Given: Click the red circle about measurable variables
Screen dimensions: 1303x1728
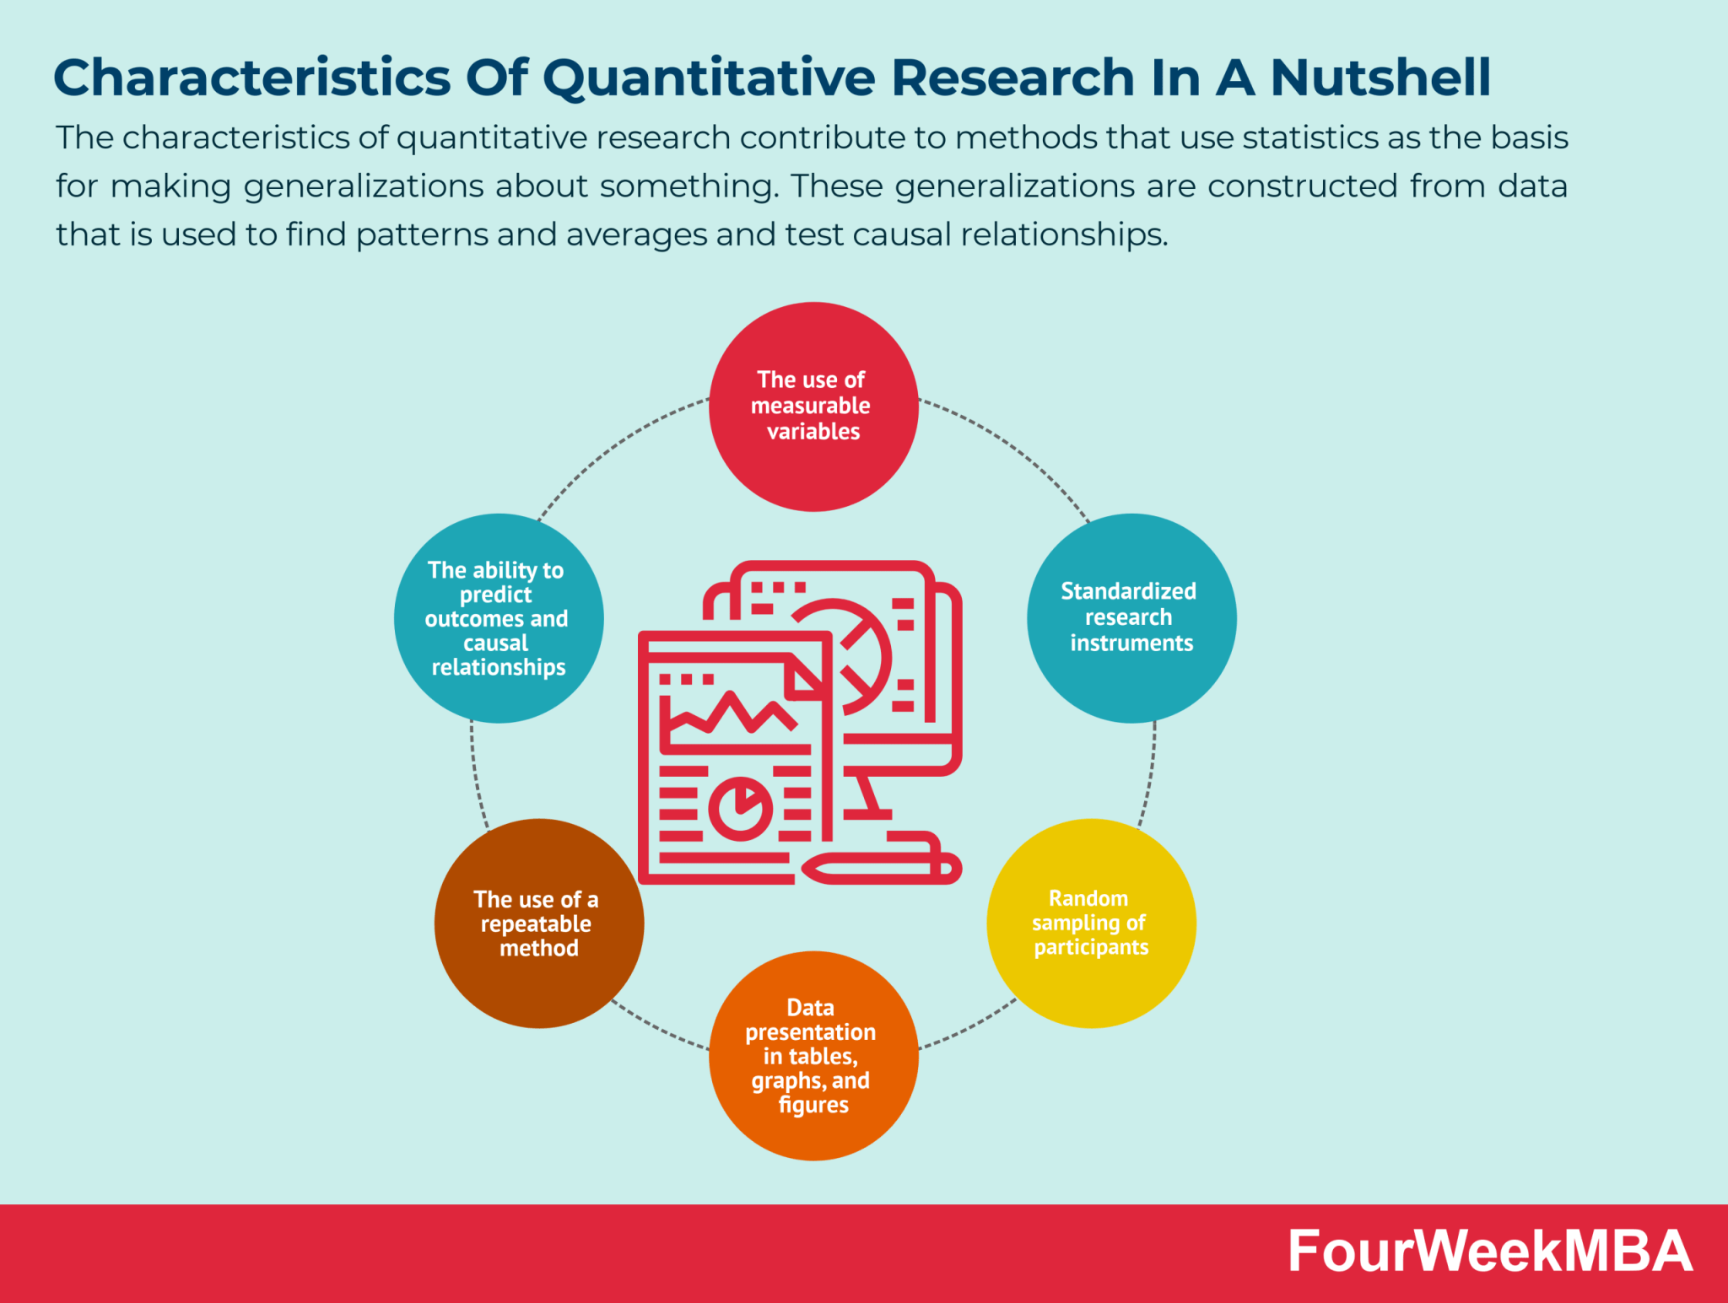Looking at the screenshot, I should (x=813, y=407).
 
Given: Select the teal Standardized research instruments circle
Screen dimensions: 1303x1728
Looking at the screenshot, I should (x=1131, y=618).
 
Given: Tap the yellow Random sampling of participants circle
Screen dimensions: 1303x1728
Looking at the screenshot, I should (x=1090, y=923).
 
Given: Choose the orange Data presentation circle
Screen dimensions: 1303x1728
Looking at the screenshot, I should (x=813, y=1056).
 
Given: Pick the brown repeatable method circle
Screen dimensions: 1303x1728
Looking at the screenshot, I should (x=538, y=923).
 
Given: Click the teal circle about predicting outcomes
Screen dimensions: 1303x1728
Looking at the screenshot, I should (x=498, y=618).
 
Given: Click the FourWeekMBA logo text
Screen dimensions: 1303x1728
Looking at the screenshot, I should (x=1489, y=1252).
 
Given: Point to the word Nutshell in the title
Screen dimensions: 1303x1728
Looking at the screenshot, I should (x=1380, y=78).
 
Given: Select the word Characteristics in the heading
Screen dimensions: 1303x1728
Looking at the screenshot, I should (x=251, y=78).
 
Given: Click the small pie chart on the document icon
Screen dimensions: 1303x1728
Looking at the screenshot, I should (x=740, y=808).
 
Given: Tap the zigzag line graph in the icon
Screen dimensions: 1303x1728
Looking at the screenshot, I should (x=731, y=713).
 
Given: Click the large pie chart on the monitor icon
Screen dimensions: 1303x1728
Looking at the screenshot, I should (x=852, y=654).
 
